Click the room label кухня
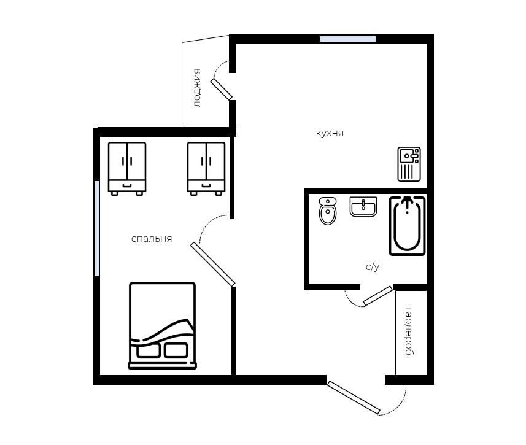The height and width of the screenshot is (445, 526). pos(330,133)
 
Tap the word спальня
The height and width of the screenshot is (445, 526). pos(152,239)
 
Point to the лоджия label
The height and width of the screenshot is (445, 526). pos(197,88)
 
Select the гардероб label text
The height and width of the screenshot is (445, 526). pos(409,331)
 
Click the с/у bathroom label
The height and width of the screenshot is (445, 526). pos(373,266)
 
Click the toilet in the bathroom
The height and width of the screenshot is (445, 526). pos(328,211)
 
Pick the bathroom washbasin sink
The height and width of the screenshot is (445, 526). pos(363,207)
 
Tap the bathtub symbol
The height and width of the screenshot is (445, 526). pos(408,226)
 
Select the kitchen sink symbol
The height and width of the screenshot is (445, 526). pos(409,164)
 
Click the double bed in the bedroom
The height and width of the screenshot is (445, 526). pos(163,325)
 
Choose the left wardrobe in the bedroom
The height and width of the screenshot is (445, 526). pos(127,168)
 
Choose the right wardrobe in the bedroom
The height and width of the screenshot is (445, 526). pos(206,168)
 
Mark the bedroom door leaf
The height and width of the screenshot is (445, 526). pos(213,265)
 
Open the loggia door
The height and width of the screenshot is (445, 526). pos(222,89)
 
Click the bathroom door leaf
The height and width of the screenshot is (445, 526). pos(377,296)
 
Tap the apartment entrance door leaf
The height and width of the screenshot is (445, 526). pos(354,397)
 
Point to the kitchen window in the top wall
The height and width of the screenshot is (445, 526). pos(347,39)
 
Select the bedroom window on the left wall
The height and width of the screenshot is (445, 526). pos(97,228)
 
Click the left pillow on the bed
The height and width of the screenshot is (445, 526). pos(149,350)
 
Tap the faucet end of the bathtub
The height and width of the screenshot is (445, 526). pos(408,203)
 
